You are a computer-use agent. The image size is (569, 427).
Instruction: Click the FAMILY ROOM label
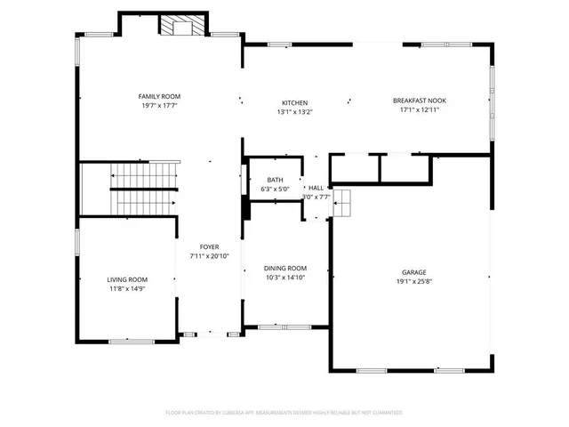(159, 96)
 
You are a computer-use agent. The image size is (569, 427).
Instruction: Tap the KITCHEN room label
(295, 102)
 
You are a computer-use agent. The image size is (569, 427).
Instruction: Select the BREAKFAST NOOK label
(419, 101)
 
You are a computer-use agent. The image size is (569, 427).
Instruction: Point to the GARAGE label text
(414, 272)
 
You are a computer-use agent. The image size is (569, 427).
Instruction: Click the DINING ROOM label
(284, 268)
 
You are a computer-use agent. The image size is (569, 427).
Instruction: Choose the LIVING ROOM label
(127, 279)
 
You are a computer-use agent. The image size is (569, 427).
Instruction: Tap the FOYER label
(209, 246)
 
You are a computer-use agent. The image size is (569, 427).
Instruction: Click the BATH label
(275, 181)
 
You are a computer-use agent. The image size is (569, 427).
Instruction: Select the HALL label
(316, 188)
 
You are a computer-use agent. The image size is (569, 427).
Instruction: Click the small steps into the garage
(343, 203)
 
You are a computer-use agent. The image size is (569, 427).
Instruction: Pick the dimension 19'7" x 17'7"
(159, 105)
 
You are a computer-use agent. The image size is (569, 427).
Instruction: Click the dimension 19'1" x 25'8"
(414, 281)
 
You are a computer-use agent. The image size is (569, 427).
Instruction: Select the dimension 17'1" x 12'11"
(419, 110)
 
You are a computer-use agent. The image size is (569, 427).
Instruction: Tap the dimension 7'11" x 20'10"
(209, 255)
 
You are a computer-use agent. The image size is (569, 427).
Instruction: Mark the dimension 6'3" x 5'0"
(275, 189)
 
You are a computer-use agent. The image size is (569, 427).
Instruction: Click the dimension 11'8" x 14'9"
(127, 288)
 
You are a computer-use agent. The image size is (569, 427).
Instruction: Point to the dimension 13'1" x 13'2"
(295, 111)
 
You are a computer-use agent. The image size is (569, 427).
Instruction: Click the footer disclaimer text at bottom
(284, 413)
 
